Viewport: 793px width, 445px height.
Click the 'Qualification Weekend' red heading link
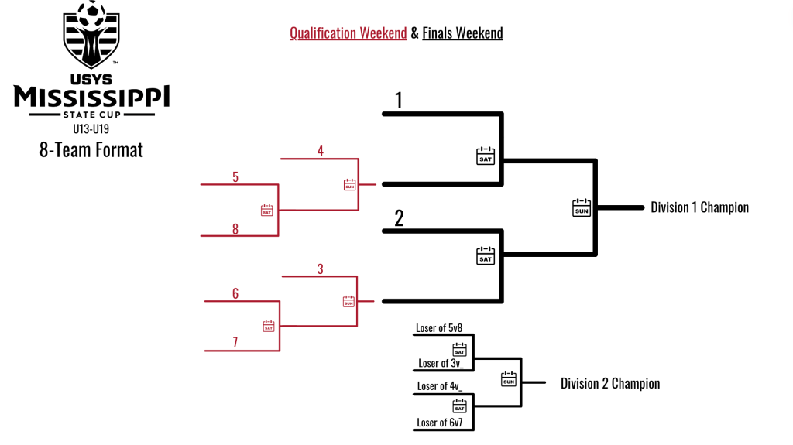point(348,33)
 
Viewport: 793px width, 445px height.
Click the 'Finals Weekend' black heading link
point(462,33)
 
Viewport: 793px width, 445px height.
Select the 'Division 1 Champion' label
point(699,207)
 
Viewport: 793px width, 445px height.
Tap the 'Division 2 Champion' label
point(610,383)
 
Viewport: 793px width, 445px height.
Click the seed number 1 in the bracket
point(399,101)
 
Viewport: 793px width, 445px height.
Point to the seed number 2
point(399,218)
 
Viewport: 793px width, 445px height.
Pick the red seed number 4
point(321,151)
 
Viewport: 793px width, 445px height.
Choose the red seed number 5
point(235,177)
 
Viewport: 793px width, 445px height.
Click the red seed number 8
point(235,228)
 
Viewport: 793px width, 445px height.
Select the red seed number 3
point(321,269)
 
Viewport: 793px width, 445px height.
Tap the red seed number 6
point(235,293)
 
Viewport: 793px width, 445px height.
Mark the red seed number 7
point(235,343)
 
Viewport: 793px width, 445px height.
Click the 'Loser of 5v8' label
point(439,328)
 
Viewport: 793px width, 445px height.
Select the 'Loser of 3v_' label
point(441,363)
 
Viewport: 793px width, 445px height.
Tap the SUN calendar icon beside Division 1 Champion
point(581,207)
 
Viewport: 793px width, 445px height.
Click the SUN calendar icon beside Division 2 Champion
point(508,378)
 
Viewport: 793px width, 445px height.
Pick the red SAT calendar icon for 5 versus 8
point(266,210)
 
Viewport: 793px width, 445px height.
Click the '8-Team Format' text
point(91,149)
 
